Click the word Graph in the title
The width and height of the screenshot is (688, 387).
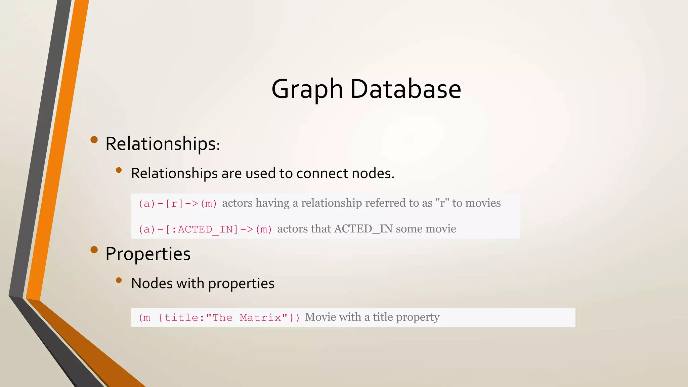(x=307, y=89)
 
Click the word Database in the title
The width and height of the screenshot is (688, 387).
(x=405, y=89)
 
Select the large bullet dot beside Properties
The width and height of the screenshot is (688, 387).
(x=94, y=250)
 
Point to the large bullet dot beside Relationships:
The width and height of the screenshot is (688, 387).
(x=94, y=139)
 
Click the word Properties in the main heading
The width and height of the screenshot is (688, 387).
(x=148, y=254)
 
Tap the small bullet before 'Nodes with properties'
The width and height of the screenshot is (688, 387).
(x=119, y=280)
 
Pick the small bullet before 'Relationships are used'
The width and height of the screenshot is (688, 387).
(x=119, y=170)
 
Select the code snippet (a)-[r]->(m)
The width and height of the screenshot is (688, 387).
(x=178, y=204)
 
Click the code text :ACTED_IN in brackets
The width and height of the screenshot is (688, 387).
(x=205, y=229)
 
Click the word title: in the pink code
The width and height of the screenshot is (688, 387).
(x=184, y=317)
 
